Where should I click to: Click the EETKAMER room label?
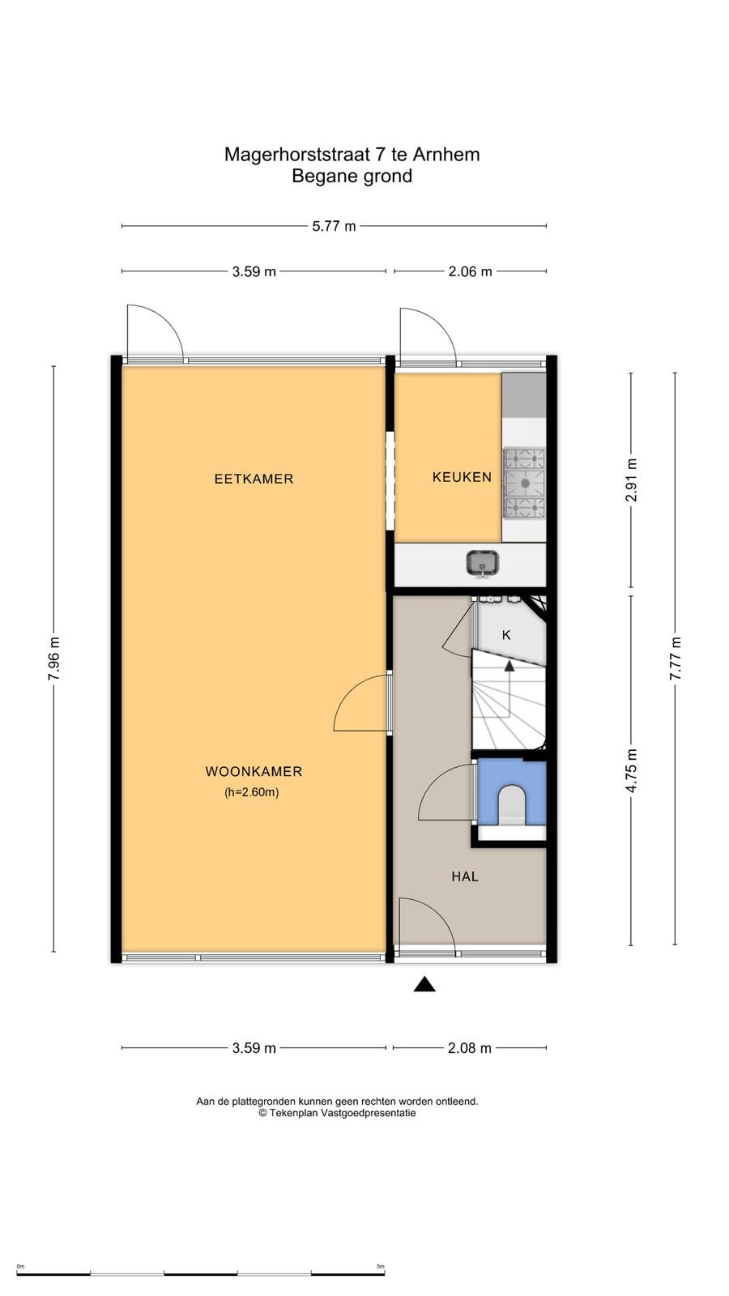coord(254,479)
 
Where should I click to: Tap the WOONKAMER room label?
coord(254,771)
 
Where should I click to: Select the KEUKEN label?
coord(462,477)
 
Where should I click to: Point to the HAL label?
coord(465,876)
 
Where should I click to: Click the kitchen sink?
coord(483,564)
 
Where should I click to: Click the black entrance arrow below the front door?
coord(424,984)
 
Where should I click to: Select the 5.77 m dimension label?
coord(334,226)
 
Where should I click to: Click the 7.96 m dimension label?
coord(53,659)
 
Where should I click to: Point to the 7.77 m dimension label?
coord(676,659)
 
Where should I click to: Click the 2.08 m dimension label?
coord(469,1048)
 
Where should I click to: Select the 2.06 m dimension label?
coord(470,271)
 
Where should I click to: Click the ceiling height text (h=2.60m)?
coord(252,793)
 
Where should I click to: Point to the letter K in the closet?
coord(506,635)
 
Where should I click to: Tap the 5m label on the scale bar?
coord(380,1267)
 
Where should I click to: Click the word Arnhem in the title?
coord(446,155)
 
